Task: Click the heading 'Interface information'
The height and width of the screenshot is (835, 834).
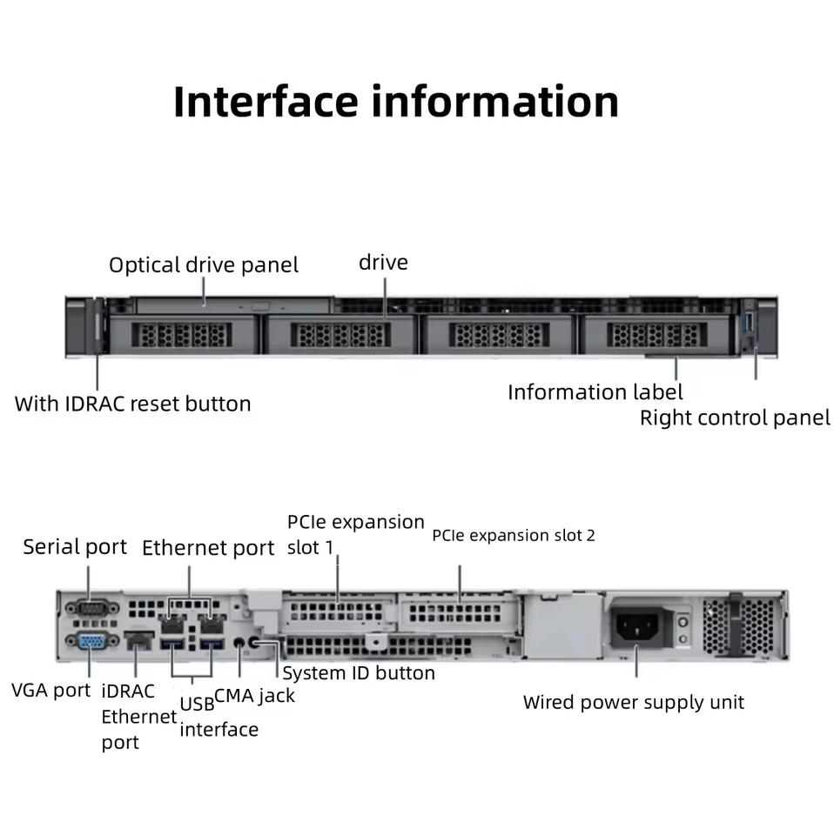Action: click(396, 102)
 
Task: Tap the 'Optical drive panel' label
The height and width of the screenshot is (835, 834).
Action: click(203, 264)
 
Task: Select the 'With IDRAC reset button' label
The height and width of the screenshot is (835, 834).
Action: click(132, 404)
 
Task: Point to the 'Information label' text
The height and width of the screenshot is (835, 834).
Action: click(595, 392)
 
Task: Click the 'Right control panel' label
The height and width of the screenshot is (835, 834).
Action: click(735, 417)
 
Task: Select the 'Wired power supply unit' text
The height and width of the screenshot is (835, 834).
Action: click(633, 702)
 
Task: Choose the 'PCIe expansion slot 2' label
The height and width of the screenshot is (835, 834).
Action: click(514, 535)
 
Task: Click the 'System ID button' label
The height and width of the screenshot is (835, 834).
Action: click(359, 672)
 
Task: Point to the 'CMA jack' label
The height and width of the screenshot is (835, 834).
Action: click(254, 695)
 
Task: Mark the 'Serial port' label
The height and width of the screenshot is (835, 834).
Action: click(75, 547)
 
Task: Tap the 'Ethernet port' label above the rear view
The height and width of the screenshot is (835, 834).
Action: click(208, 548)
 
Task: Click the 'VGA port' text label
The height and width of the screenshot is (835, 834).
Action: click(50, 691)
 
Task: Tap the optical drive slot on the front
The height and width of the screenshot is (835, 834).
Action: click(232, 305)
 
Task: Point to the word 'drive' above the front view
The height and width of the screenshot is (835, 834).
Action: click(383, 262)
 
